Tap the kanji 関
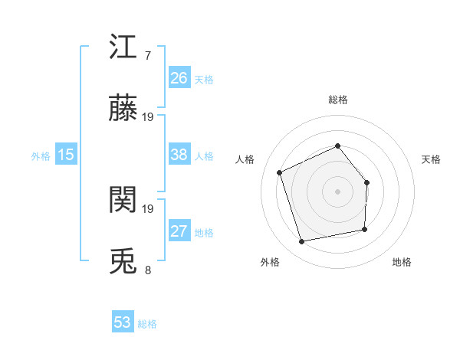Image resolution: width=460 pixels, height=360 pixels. (123, 201)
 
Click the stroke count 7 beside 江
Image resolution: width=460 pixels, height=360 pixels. (147, 55)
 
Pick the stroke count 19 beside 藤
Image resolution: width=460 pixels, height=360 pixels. (148, 117)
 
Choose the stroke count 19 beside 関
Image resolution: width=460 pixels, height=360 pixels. (148, 208)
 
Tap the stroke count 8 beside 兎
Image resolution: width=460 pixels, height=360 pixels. (147, 270)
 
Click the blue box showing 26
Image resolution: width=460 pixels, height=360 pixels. (179, 78)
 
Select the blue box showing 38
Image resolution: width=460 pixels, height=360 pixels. (179, 155)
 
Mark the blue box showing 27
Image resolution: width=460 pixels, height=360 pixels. (179, 231)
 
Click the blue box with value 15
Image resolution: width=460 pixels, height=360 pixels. (66, 155)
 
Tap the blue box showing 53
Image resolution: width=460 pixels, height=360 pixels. (123, 322)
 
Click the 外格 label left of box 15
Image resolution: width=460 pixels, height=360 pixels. (41, 156)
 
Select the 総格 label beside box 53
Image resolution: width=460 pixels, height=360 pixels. (147, 324)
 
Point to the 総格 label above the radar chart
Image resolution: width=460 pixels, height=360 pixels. (337, 100)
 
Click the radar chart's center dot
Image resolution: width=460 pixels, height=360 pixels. (337, 191)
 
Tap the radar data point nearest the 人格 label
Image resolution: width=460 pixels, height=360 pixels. (280, 172)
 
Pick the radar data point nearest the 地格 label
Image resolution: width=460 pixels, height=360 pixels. (365, 229)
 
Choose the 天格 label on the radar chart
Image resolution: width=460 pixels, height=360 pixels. (431, 159)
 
